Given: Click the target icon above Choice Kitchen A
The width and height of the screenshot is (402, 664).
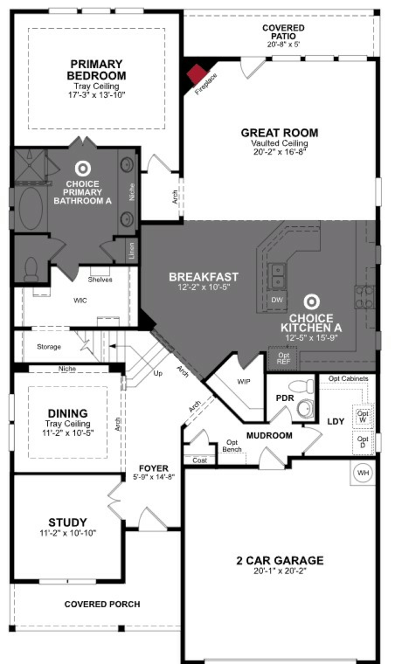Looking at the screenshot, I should [311, 302].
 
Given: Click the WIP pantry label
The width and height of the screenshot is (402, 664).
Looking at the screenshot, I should [244, 381].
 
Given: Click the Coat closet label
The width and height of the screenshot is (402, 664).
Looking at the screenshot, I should [200, 460].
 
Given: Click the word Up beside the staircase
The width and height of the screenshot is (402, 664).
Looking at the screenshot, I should [158, 373].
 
